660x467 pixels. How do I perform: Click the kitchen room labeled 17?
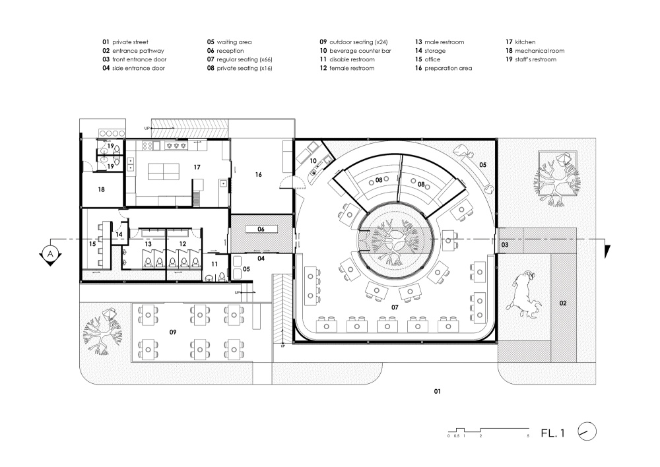(197, 167)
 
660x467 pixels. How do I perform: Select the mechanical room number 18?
(102, 189)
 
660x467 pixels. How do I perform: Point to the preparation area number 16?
(259, 174)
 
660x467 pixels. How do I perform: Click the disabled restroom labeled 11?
(214, 265)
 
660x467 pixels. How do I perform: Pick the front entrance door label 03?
(505, 245)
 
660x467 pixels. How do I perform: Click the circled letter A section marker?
(51, 254)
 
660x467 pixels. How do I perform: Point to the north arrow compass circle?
(587, 431)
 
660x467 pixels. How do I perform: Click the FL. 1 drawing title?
(552, 433)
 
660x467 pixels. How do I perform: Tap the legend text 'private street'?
(131, 42)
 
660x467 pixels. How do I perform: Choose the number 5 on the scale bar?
(528, 436)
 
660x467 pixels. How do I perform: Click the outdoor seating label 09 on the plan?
(173, 332)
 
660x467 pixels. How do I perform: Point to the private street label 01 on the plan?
(438, 391)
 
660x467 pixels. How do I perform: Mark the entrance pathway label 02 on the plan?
(563, 303)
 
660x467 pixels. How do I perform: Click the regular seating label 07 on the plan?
(395, 307)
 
